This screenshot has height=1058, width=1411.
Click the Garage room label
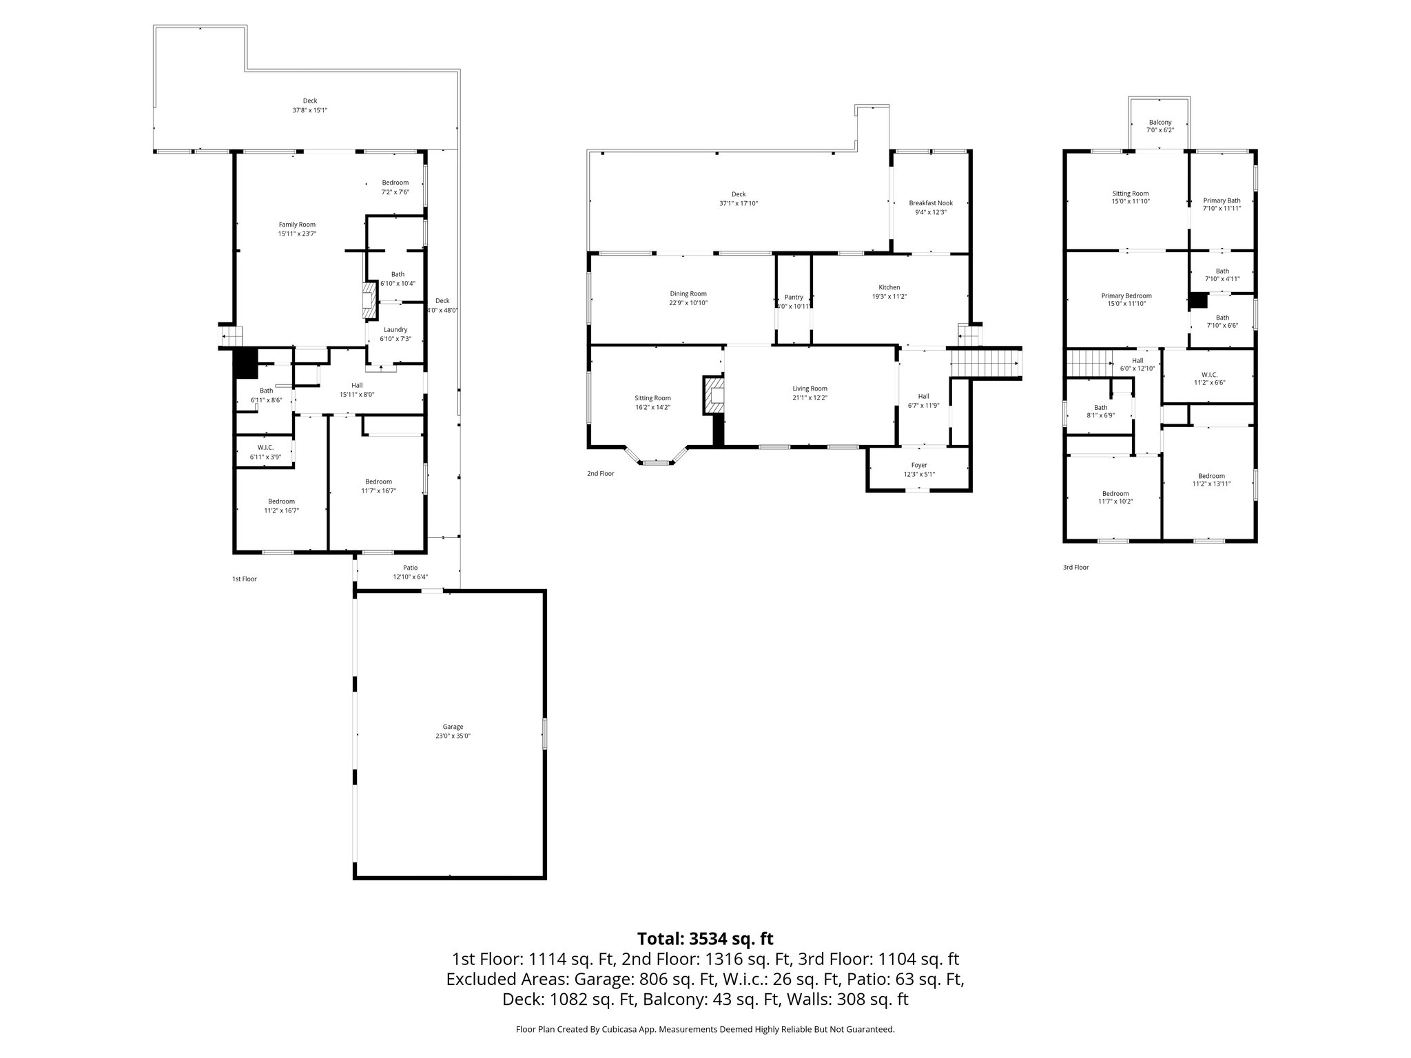point(453,727)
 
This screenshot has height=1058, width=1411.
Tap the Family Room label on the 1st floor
point(297,225)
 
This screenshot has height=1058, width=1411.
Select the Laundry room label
point(395,329)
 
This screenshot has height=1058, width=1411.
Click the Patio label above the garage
point(410,568)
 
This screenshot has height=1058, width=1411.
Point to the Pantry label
point(794,297)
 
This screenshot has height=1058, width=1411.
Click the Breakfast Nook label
point(930,203)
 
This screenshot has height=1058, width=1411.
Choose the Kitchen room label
point(889,287)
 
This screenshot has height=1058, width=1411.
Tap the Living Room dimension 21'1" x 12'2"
point(810,397)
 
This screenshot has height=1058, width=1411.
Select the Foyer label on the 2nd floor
point(919,465)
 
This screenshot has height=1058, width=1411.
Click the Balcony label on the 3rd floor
point(1160,122)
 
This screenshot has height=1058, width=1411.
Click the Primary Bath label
point(1222,200)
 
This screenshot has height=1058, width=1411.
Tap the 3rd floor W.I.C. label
point(1208,374)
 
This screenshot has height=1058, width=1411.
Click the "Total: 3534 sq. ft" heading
point(705,939)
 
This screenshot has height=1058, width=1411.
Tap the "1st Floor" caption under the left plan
point(244,579)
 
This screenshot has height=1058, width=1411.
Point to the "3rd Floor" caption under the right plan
point(1075,567)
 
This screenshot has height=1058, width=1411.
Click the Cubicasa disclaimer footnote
point(705,1029)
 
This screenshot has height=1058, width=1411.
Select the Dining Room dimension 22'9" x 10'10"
point(688,303)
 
